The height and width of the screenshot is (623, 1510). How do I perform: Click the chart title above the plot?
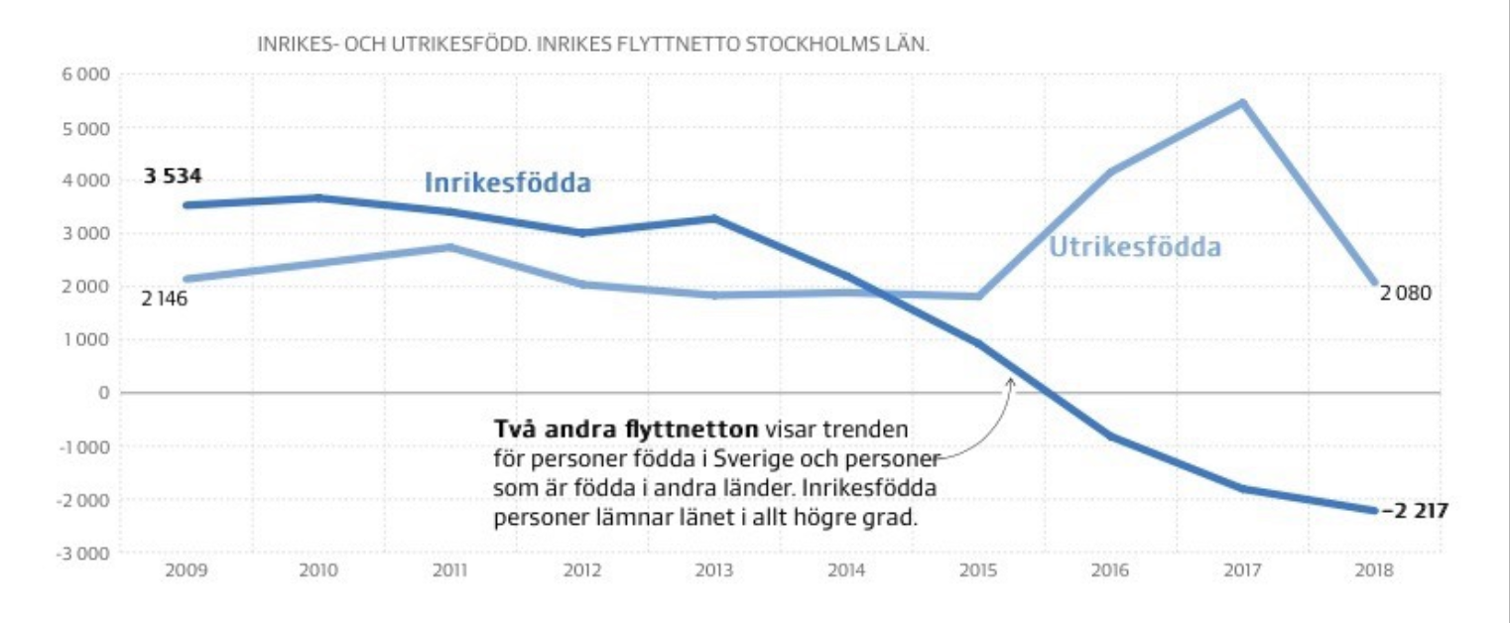[x=592, y=46]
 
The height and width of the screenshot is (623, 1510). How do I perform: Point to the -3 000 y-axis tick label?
[x=85, y=553]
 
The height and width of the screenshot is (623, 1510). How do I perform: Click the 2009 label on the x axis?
[x=186, y=571]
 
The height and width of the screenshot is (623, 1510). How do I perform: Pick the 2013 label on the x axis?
[x=713, y=571]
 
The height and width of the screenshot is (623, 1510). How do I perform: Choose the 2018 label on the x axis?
[x=1373, y=571]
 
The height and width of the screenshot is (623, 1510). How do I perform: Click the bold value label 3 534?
[x=173, y=177]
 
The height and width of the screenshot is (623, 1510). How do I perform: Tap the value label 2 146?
[x=165, y=300]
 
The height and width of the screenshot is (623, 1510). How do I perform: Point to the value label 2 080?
[x=1405, y=294]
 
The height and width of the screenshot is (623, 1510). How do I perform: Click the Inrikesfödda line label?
[x=508, y=184]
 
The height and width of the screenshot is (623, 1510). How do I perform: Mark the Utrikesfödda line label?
[x=1135, y=247]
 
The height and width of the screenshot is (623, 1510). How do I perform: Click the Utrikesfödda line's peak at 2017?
[x=1242, y=102]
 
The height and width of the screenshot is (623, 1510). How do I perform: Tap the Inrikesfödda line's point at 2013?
[x=714, y=218]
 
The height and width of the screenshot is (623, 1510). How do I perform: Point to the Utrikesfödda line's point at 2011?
[x=450, y=247]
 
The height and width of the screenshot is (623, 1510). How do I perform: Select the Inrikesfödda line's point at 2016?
[x=1110, y=436]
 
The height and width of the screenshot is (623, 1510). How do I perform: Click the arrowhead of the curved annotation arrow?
[x=1012, y=380]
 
